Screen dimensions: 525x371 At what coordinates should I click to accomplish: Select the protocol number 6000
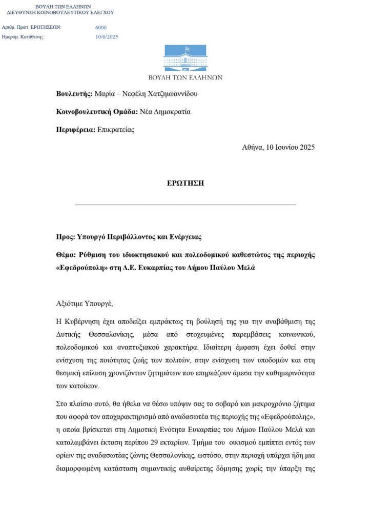[101, 28]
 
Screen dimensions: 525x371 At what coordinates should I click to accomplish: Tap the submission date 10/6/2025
[107, 36]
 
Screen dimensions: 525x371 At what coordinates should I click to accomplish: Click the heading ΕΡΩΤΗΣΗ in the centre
[186, 184]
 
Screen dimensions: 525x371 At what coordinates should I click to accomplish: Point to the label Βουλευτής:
[74, 94]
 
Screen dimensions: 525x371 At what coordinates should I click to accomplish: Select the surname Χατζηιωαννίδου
[170, 94]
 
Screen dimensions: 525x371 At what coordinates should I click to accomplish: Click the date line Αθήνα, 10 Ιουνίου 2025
[278, 147]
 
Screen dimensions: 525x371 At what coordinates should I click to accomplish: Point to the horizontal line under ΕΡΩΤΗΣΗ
[186, 205]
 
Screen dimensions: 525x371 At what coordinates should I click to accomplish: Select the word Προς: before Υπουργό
[65, 237]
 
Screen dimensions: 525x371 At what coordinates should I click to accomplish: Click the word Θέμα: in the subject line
[67, 255]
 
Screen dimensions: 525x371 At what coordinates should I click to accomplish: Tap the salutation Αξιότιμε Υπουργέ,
[84, 304]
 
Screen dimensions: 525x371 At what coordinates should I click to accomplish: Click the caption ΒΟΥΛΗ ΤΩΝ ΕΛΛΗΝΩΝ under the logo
[185, 77]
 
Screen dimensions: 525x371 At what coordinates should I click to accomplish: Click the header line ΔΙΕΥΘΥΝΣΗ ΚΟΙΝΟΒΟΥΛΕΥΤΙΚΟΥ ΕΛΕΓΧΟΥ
[60, 12]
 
